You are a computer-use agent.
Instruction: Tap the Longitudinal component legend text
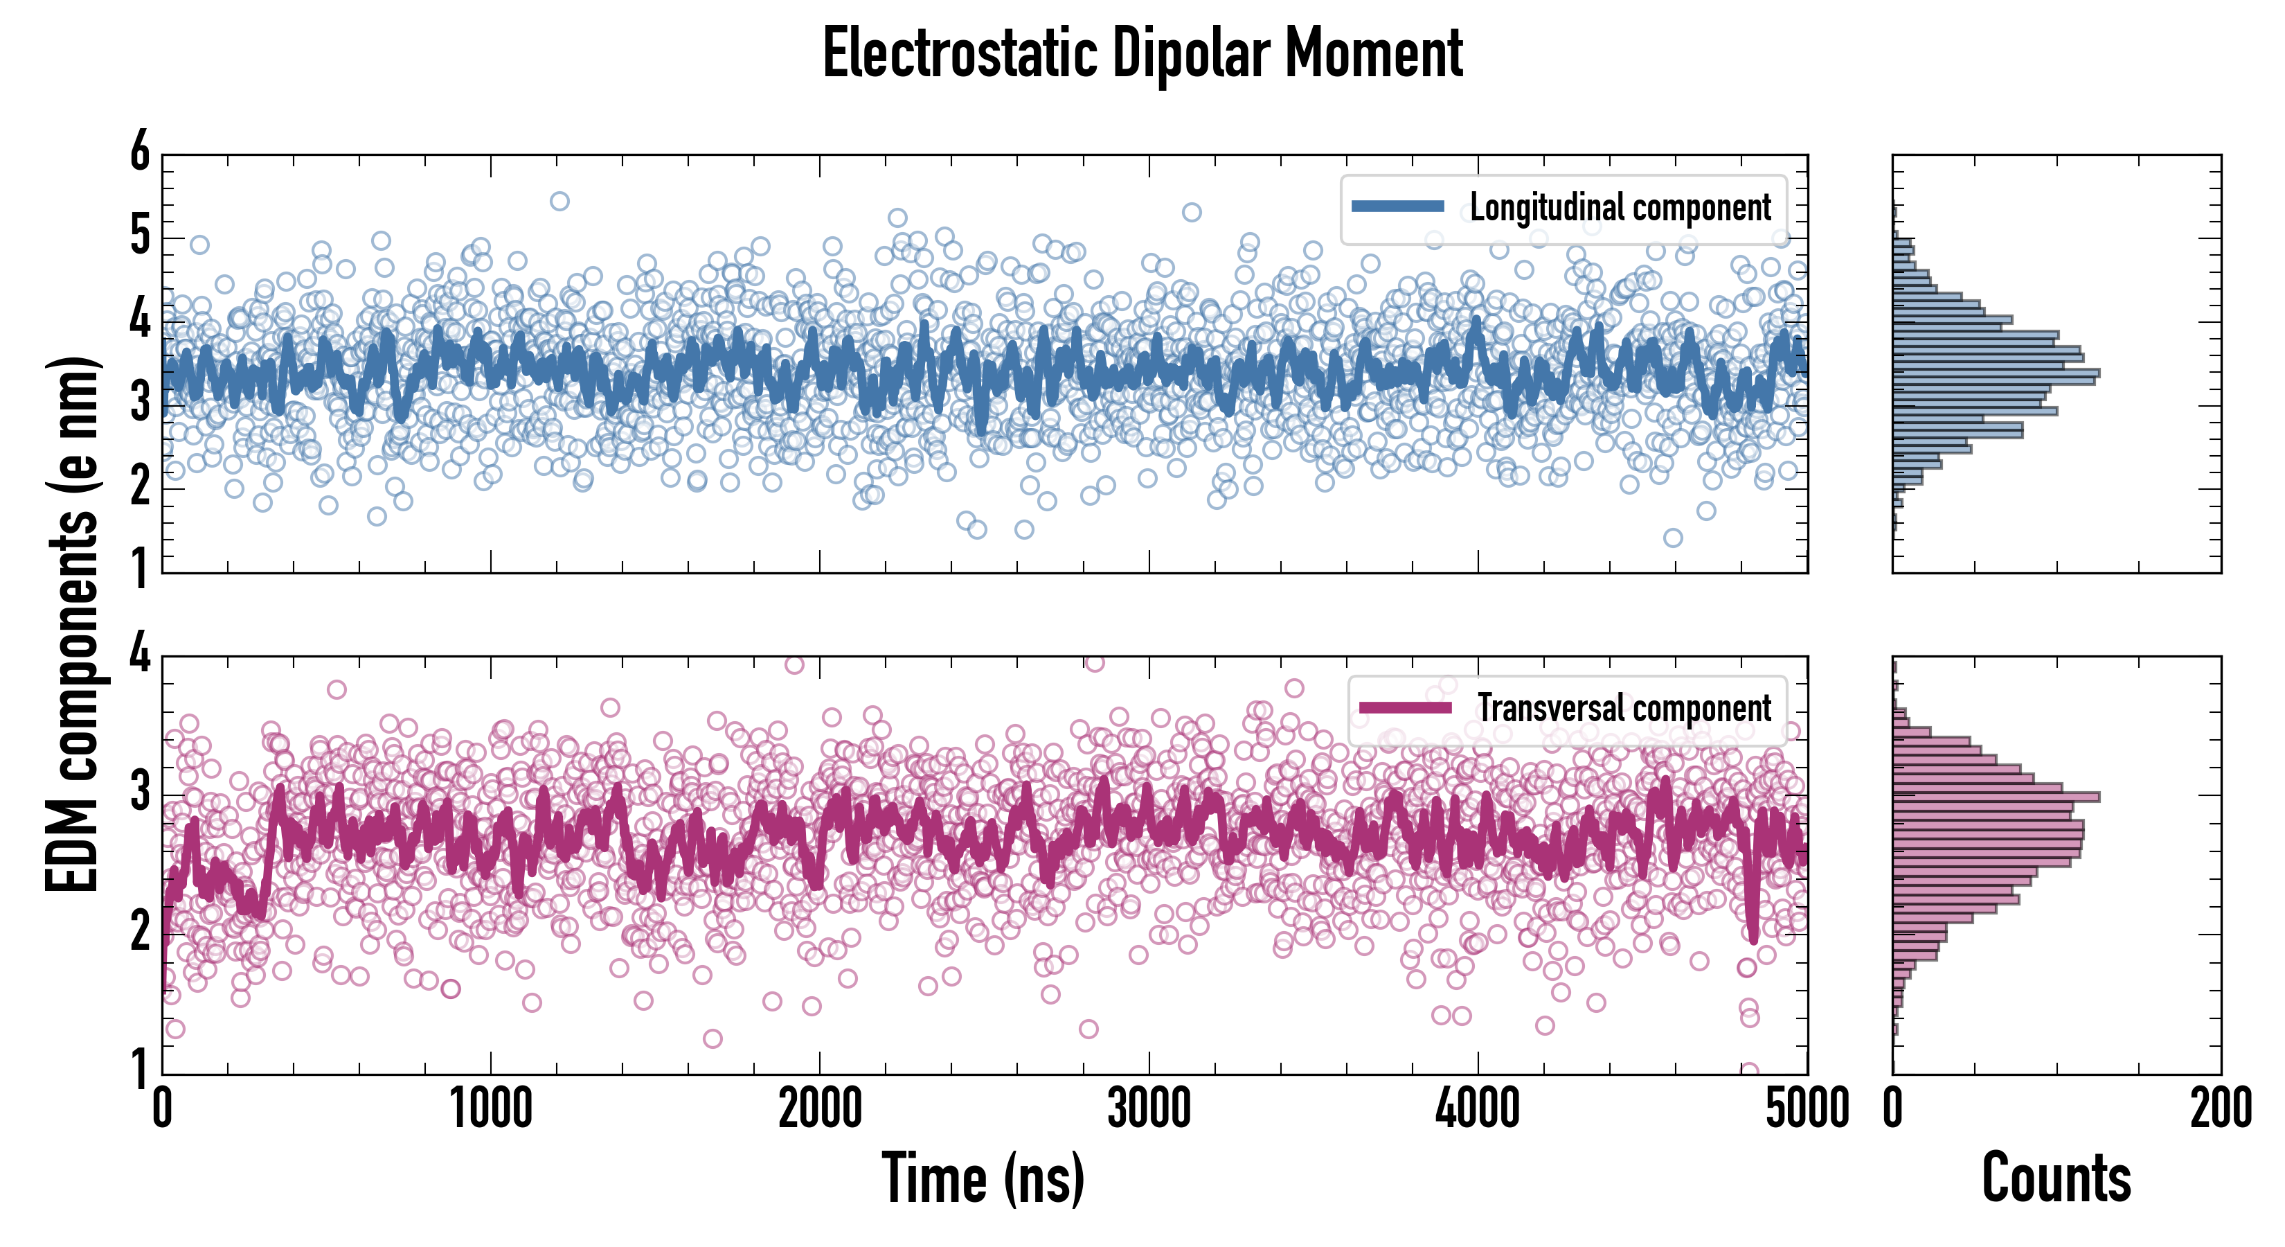point(1620,208)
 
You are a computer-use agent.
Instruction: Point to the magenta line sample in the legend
point(1405,707)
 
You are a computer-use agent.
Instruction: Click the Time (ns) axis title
point(983,1178)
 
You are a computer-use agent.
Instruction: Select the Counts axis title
point(2056,1178)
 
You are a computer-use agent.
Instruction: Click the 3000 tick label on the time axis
point(1149,1109)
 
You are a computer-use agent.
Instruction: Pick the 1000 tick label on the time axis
point(490,1109)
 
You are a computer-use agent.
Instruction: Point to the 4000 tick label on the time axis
point(1478,1109)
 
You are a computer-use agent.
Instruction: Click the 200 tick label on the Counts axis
point(2220,1109)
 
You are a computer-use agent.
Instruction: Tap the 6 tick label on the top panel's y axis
point(140,152)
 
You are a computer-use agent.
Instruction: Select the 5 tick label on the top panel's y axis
point(140,236)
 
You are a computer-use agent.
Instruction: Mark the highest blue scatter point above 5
point(559,202)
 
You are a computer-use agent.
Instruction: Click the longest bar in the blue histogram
point(1996,373)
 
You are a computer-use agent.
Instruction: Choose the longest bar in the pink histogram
point(1996,796)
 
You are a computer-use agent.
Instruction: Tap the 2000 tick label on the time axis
point(820,1109)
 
